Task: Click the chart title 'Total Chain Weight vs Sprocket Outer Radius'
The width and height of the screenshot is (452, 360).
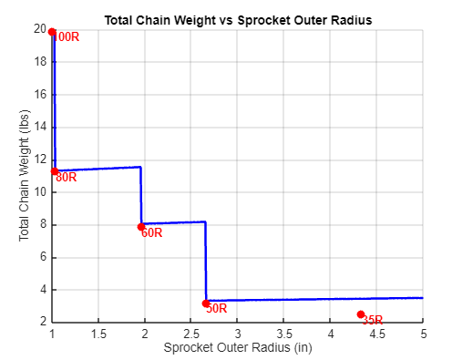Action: click(x=238, y=18)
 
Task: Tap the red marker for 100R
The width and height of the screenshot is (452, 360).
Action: click(x=52, y=32)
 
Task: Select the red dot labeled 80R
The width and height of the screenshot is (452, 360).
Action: click(x=55, y=171)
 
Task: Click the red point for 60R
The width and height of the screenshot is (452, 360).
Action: click(x=141, y=227)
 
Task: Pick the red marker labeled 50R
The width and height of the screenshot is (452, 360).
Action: click(x=206, y=303)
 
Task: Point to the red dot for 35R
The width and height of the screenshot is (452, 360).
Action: click(x=361, y=314)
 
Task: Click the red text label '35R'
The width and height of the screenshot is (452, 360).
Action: click(x=372, y=321)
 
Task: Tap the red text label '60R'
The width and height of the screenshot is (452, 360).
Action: click(x=151, y=233)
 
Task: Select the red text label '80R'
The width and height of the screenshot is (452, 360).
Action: click(x=67, y=178)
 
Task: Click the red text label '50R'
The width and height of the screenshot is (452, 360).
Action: click(x=217, y=309)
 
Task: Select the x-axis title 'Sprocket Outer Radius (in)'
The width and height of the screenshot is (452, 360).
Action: click(x=238, y=348)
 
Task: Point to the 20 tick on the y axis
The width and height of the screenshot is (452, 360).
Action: click(x=40, y=29)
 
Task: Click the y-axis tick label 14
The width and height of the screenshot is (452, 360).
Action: click(x=40, y=127)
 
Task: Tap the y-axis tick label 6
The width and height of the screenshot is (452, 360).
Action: click(x=43, y=257)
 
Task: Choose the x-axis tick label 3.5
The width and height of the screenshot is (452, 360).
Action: click(x=283, y=334)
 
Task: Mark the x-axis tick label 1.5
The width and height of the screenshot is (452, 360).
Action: click(x=98, y=334)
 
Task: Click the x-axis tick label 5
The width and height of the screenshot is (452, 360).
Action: click(x=423, y=334)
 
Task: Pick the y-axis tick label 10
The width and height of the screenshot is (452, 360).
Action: click(x=40, y=192)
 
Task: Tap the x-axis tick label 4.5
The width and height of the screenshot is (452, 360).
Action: click(x=376, y=334)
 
